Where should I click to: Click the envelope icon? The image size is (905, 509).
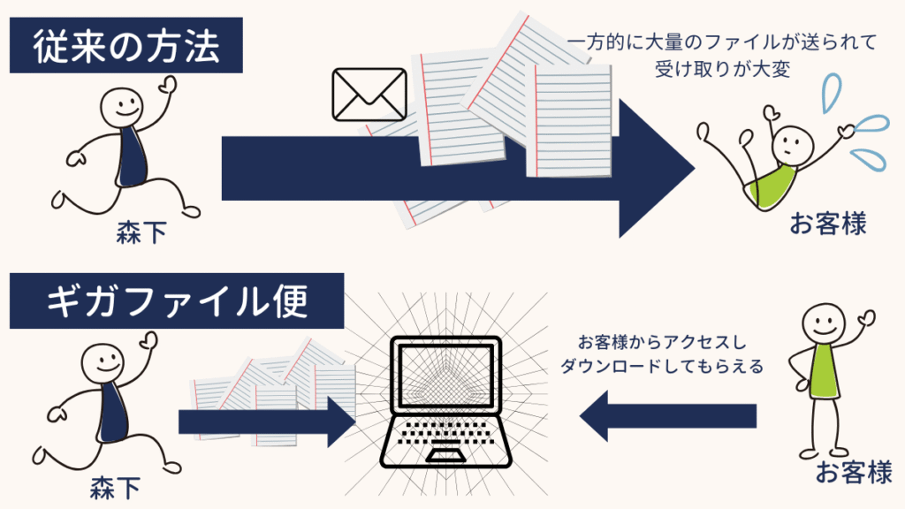[x=368, y=94]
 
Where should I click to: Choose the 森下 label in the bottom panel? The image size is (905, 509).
[x=114, y=487]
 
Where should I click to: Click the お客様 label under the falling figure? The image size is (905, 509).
[x=827, y=224]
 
